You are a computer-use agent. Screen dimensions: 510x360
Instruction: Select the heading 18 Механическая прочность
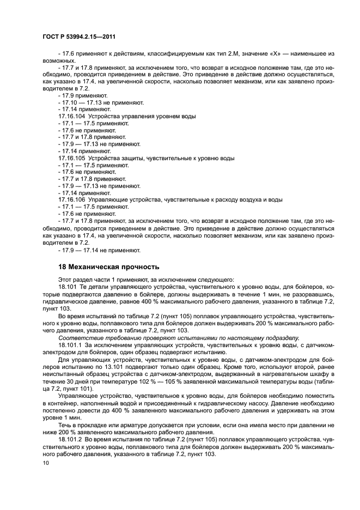pos(108,267)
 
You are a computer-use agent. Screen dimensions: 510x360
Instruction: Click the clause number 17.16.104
pos(71,117)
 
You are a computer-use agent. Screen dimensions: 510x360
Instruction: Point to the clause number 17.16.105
pos(71,158)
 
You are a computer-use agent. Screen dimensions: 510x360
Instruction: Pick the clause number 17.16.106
pos(71,200)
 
